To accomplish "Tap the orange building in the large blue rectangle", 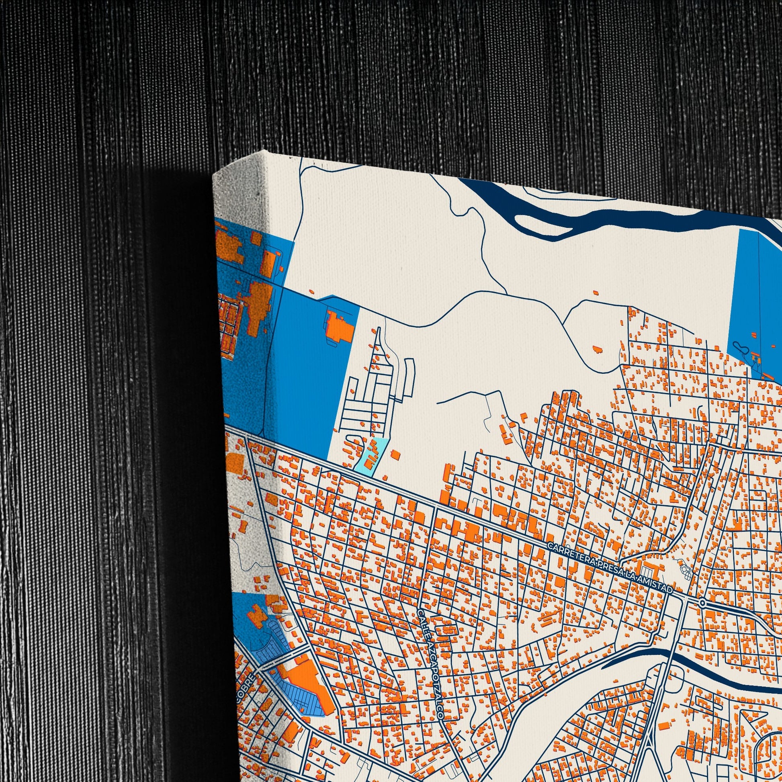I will click(338, 328).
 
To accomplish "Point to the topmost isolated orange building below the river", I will click(596, 292).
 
